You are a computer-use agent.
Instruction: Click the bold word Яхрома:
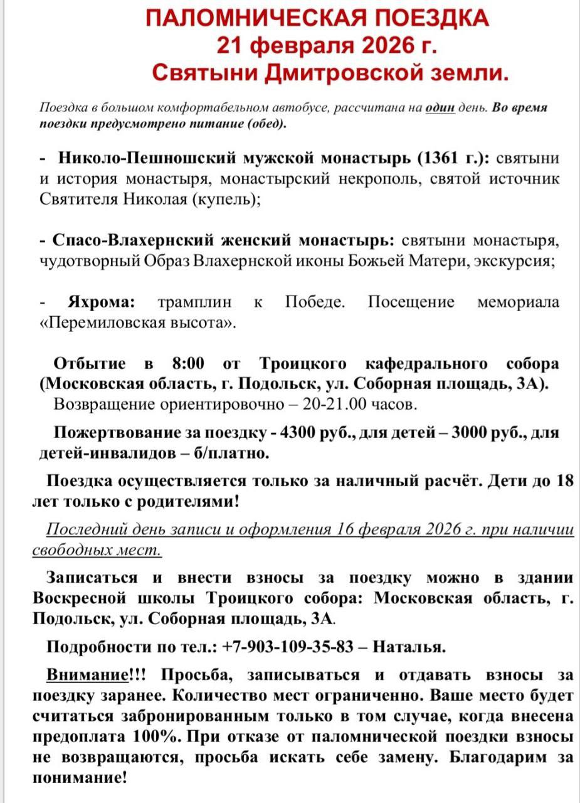(101, 302)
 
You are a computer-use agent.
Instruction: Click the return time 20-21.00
(335, 404)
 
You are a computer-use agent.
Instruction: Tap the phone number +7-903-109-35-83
(288, 646)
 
